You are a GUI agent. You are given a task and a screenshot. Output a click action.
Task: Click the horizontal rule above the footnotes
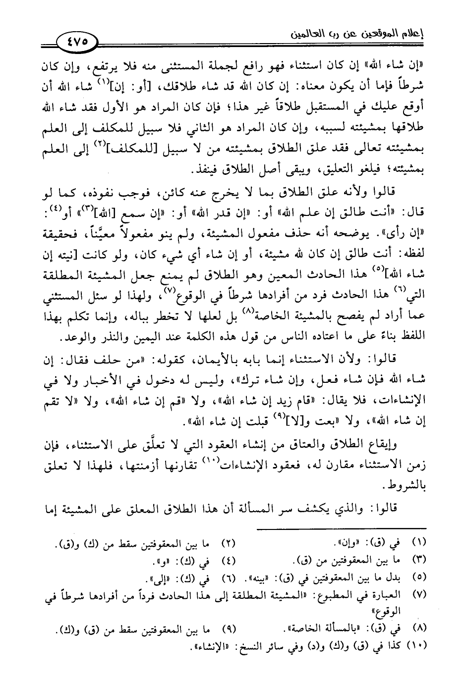point(342,529)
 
